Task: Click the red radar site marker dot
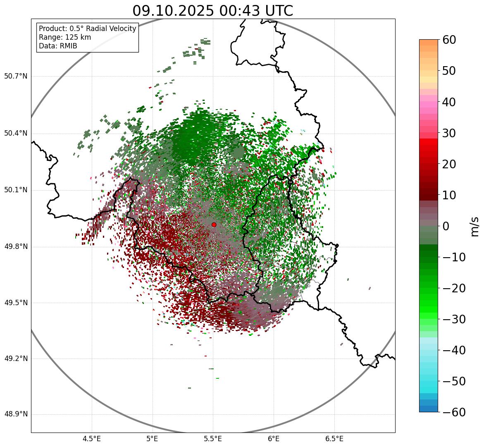click(214, 225)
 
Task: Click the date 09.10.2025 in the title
click(173, 11)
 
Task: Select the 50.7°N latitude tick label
click(16, 76)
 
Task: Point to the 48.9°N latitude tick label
click(16, 414)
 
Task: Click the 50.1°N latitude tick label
click(16, 190)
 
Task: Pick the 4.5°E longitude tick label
click(92, 439)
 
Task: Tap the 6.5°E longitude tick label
click(334, 439)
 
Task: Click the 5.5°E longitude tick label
click(213, 439)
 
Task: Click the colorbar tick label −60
click(453, 412)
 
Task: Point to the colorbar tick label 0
click(446, 226)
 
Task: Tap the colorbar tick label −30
click(453, 319)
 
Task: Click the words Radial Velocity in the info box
click(111, 29)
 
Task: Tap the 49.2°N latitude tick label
click(16, 359)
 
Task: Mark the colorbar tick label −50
click(453, 381)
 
